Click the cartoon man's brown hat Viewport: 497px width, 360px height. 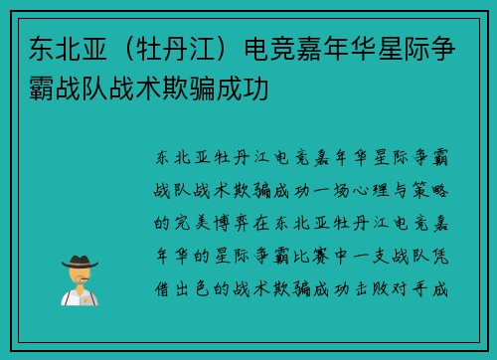coord(81,261)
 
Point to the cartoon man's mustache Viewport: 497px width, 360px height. coord(81,280)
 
